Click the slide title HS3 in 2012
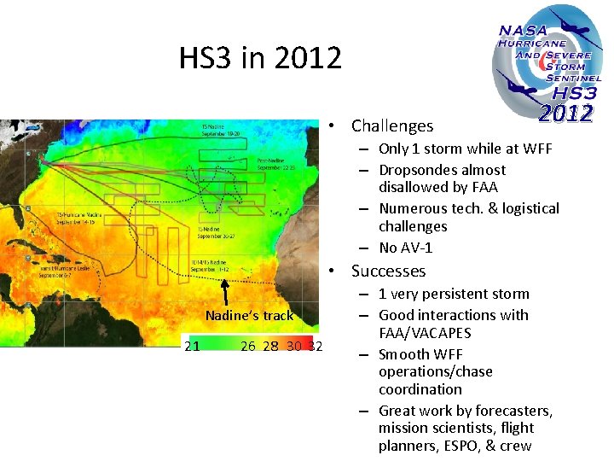coord(260,58)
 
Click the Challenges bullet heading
coord(392,125)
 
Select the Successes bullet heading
coord(388,271)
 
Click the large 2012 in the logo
coord(565,114)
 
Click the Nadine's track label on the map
coord(249,316)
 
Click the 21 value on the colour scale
coord(193,346)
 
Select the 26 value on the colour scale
coord(249,346)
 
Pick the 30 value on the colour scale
coord(293,346)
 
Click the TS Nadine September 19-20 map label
coord(222,130)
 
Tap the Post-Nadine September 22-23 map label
coord(275,163)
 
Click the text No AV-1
coord(406,248)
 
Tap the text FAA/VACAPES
coord(425,333)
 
